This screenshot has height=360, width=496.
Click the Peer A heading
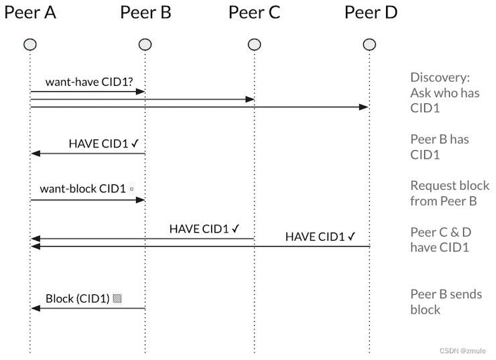pyautogui.click(x=30, y=13)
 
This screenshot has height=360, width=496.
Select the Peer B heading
pyautogui.click(x=145, y=13)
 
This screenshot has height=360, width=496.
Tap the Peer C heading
pyautogui.click(x=254, y=13)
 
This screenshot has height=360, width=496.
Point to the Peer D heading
pyautogui.click(x=371, y=13)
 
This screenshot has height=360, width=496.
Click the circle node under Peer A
pyautogui.click(x=30, y=45)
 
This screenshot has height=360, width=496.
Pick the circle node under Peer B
pyautogui.click(x=145, y=45)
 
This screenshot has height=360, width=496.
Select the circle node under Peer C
pyautogui.click(x=254, y=45)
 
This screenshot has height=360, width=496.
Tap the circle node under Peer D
pyautogui.click(x=369, y=45)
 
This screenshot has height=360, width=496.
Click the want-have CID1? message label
pyautogui.click(x=89, y=82)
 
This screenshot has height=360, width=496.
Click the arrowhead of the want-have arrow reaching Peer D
pyautogui.click(x=365, y=107)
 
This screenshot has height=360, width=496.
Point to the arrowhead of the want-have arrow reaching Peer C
pyautogui.click(x=250, y=99)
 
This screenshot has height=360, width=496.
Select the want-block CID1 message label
pyautogui.click(x=83, y=189)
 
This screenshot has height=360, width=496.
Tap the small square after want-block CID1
pyautogui.click(x=131, y=189)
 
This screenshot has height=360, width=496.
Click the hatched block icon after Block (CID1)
pyautogui.click(x=117, y=298)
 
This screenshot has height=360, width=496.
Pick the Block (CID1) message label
pyautogui.click(x=78, y=298)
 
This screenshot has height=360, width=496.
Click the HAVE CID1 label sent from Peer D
pyautogui.click(x=315, y=237)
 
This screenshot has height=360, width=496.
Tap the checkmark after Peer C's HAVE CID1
pyautogui.click(x=236, y=229)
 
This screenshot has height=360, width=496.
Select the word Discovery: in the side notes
pyautogui.click(x=440, y=78)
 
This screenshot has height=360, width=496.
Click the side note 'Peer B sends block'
pyautogui.click(x=446, y=302)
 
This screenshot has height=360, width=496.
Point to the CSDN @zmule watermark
pyautogui.click(x=462, y=351)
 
